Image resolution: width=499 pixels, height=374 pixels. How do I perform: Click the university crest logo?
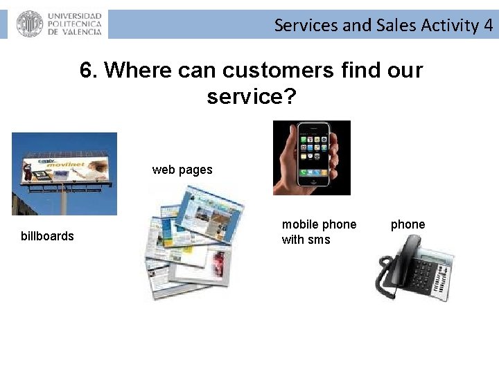click(x=29, y=24)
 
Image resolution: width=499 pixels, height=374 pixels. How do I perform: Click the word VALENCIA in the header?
click(x=79, y=31)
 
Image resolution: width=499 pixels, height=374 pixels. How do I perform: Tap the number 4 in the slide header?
click(x=489, y=26)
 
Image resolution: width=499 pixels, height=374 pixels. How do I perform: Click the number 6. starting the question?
click(x=89, y=70)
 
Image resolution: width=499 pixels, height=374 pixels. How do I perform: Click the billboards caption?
click(x=47, y=236)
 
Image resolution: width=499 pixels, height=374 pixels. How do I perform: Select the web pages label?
click(x=182, y=170)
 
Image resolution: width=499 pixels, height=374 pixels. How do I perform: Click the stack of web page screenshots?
click(x=194, y=242)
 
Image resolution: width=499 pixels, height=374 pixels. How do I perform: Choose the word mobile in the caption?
click(x=300, y=224)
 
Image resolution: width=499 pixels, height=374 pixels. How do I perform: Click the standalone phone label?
click(x=408, y=224)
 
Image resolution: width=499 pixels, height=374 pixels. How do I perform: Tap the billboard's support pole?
click(x=64, y=201)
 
